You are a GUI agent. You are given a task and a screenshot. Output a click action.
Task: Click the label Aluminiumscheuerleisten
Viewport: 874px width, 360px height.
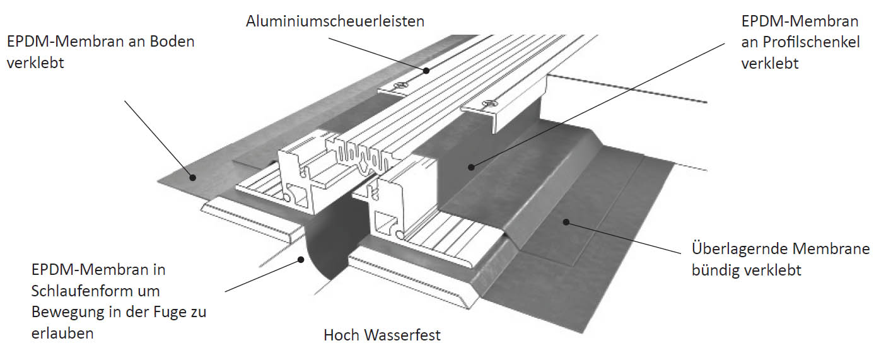(x=335, y=21)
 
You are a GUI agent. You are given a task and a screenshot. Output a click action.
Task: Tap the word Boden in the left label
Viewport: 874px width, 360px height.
(x=172, y=42)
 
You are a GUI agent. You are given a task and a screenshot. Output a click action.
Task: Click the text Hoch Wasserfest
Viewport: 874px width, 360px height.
(x=382, y=335)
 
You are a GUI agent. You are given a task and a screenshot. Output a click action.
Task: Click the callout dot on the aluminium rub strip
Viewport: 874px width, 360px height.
(x=426, y=71)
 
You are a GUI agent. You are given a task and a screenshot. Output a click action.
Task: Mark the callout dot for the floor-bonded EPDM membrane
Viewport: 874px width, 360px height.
(x=192, y=177)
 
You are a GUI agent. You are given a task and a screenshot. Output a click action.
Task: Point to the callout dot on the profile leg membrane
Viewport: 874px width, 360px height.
(x=471, y=167)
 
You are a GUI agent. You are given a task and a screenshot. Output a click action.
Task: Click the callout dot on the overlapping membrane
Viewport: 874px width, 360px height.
(x=566, y=223)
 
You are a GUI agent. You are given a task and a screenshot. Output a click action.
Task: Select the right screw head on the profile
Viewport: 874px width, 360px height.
(x=487, y=103)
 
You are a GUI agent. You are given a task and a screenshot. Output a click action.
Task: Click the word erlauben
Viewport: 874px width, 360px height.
(x=62, y=334)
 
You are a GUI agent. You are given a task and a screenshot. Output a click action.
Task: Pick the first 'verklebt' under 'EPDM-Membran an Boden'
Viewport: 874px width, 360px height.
(x=35, y=63)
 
